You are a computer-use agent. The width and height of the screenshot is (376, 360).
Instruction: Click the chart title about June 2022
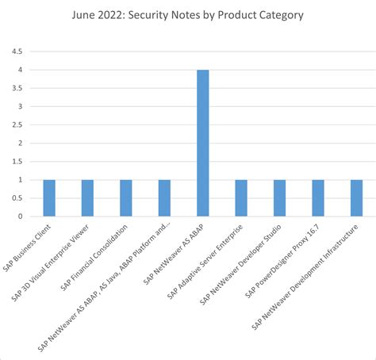[x=188, y=14]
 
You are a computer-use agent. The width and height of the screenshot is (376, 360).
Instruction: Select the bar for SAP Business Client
[x=49, y=198]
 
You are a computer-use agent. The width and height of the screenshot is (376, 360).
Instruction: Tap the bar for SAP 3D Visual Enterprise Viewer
[x=87, y=198]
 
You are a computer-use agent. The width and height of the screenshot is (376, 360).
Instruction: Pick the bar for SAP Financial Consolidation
[x=126, y=198]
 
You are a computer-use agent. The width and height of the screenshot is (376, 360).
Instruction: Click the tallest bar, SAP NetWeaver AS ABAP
[x=203, y=143]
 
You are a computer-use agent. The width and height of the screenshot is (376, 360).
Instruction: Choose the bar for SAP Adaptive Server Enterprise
[x=241, y=198]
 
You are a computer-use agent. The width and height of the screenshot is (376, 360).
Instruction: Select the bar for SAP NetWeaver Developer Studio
[x=279, y=198]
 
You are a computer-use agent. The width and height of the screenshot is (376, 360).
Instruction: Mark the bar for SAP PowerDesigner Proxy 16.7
[x=318, y=198]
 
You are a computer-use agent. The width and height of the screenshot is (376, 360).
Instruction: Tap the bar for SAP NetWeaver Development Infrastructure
[x=356, y=198]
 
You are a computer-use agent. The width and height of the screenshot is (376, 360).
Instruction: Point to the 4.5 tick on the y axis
[x=16, y=52]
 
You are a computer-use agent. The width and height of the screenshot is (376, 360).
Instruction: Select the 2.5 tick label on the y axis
[x=16, y=124]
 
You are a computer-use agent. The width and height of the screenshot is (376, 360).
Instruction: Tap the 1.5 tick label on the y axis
[x=16, y=162]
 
